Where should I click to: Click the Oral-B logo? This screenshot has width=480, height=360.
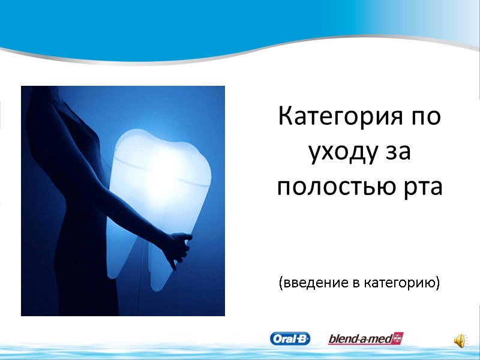[290, 339]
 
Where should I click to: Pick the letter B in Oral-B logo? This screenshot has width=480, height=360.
[303, 339]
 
